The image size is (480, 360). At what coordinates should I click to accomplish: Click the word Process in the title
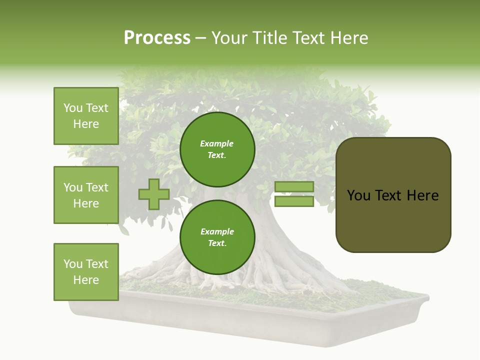(x=157, y=38)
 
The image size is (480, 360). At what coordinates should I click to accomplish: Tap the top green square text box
(x=86, y=116)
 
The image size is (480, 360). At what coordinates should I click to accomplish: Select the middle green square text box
(x=86, y=195)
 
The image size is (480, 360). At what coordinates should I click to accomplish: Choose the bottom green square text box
(x=86, y=272)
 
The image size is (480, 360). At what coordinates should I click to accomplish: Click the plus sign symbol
(x=153, y=194)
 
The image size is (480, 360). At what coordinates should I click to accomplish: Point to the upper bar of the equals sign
(x=294, y=186)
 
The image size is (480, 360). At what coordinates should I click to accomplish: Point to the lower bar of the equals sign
(x=294, y=201)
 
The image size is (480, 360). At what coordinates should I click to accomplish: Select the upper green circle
(x=217, y=149)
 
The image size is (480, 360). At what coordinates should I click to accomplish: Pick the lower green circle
(x=217, y=237)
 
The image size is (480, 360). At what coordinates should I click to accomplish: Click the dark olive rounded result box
(x=393, y=195)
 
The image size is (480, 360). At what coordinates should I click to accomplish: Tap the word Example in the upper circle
(x=216, y=143)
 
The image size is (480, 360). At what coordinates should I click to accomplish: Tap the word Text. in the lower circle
(x=217, y=243)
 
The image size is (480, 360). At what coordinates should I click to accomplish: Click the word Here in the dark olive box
(x=422, y=195)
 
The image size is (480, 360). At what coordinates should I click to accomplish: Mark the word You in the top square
(x=73, y=108)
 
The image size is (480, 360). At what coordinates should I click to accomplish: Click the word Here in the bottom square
(x=86, y=280)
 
